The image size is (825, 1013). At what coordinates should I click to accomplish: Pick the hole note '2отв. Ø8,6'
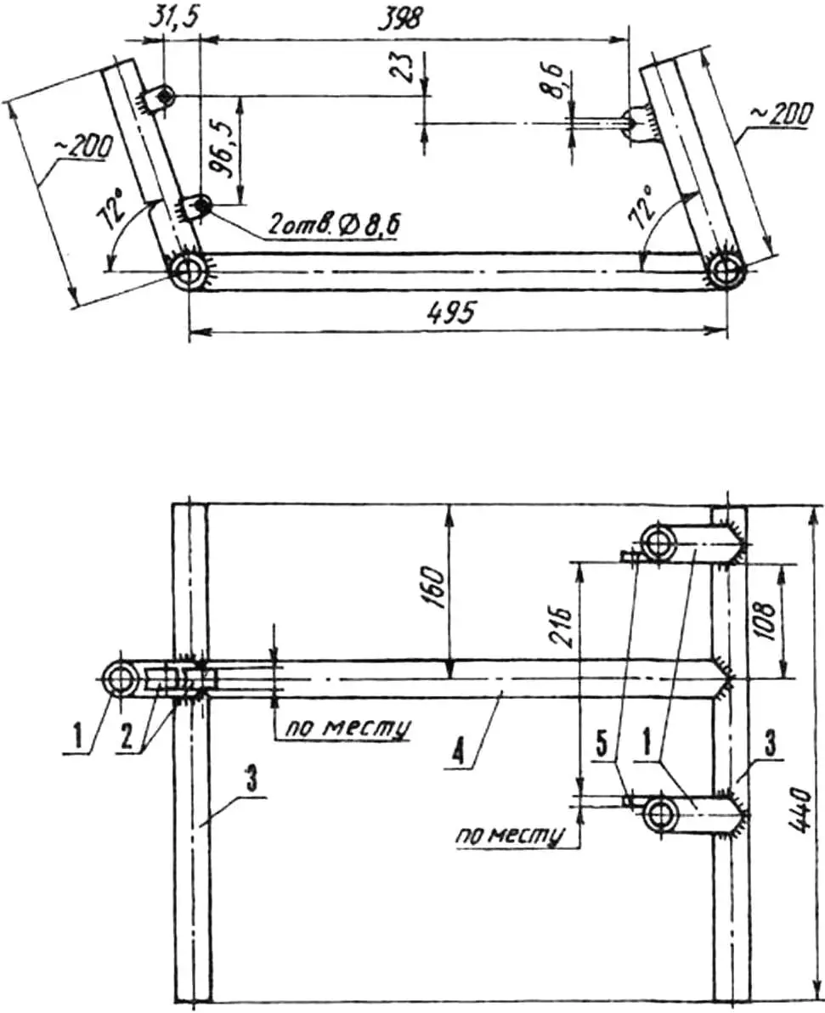(331, 226)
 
